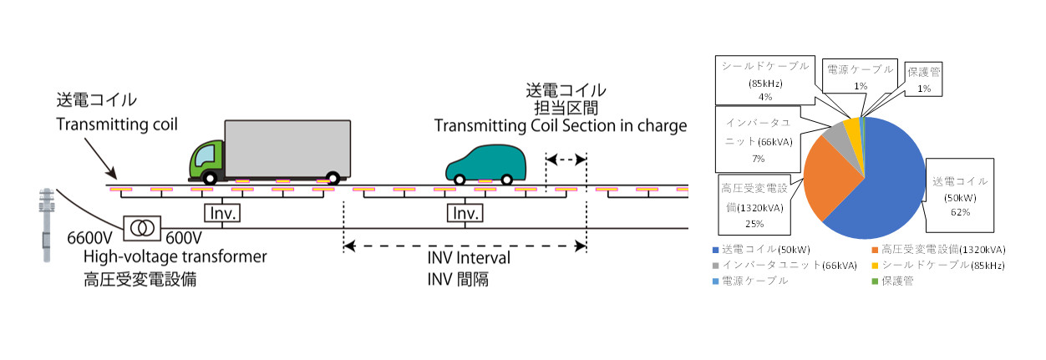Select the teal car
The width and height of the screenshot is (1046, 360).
[x=486, y=163]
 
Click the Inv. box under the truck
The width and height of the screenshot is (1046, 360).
[x=222, y=214]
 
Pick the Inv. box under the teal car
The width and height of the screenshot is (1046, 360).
[x=465, y=214]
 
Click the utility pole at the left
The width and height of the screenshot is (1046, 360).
[x=45, y=226]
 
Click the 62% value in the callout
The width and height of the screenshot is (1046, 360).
[x=959, y=212]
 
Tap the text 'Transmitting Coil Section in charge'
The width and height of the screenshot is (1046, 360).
[x=560, y=126]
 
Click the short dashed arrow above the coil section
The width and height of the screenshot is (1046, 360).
[x=566, y=157]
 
